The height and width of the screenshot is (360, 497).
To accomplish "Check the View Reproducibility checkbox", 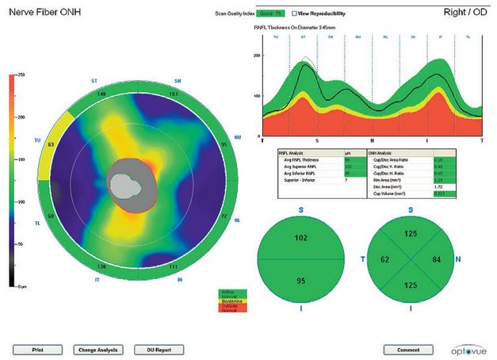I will click(x=295, y=13).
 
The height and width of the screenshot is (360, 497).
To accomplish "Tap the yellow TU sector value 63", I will click(x=50, y=145).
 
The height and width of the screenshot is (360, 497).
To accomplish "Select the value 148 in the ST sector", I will click(x=102, y=94).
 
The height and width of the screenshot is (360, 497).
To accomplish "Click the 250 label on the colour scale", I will click(x=21, y=74).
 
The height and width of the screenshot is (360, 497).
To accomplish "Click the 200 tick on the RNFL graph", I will click(x=257, y=56).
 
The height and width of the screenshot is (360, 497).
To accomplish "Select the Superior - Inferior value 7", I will click(x=347, y=180).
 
